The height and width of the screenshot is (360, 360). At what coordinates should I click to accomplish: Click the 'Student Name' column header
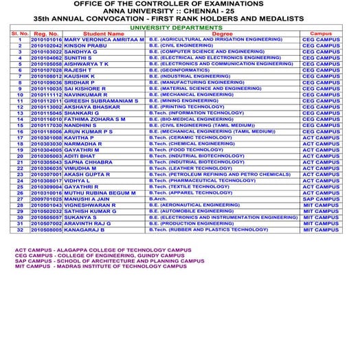(x=98, y=33)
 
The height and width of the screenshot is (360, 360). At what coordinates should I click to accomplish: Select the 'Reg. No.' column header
(x=45, y=33)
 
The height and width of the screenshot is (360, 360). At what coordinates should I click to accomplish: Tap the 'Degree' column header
(x=222, y=33)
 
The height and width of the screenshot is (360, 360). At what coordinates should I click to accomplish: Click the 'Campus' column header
(x=321, y=33)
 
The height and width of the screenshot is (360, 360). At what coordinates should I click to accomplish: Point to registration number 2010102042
(x=46, y=46)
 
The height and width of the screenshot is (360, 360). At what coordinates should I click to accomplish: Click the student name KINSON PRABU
(x=89, y=46)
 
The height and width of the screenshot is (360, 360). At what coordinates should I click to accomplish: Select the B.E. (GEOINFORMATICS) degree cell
(x=180, y=69)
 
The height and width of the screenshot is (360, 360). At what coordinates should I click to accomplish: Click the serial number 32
(x=20, y=229)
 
